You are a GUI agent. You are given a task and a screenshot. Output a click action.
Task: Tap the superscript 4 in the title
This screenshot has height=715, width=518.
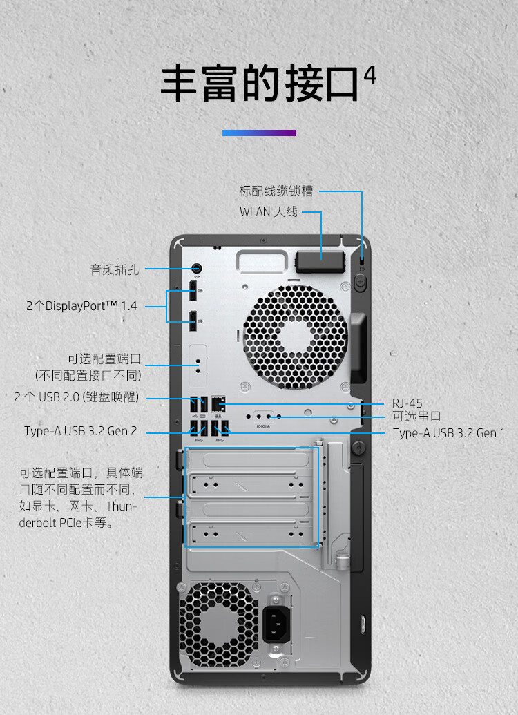(x=370, y=75)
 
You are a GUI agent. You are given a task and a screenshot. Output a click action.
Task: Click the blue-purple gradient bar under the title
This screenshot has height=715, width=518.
(x=259, y=133)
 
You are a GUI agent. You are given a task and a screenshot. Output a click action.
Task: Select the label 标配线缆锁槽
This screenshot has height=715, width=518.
(x=276, y=191)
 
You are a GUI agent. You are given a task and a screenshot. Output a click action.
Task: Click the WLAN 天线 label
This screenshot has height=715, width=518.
(x=269, y=211)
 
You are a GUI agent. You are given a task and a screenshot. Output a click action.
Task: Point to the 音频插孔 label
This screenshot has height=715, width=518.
(x=115, y=269)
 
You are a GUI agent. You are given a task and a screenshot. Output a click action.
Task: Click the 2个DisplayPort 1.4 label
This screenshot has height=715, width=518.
(x=81, y=305)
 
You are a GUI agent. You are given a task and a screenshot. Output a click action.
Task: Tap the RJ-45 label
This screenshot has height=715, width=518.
(x=407, y=403)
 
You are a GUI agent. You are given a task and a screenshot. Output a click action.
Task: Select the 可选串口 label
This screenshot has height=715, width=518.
(x=416, y=416)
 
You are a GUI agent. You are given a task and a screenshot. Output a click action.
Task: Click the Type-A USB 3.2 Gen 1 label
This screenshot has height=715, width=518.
(x=449, y=433)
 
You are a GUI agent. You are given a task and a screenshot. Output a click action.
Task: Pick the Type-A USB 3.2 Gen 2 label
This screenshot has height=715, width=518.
(x=81, y=431)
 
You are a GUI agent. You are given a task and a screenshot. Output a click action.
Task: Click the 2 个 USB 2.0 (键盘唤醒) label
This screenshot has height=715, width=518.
(x=77, y=397)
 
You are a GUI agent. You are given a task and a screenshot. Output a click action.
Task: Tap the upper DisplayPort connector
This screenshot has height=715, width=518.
(x=194, y=291)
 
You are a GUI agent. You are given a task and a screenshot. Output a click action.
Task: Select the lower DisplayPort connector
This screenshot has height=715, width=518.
(x=194, y=319)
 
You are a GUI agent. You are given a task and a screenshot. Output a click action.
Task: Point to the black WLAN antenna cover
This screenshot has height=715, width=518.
(x=320, y=263)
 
